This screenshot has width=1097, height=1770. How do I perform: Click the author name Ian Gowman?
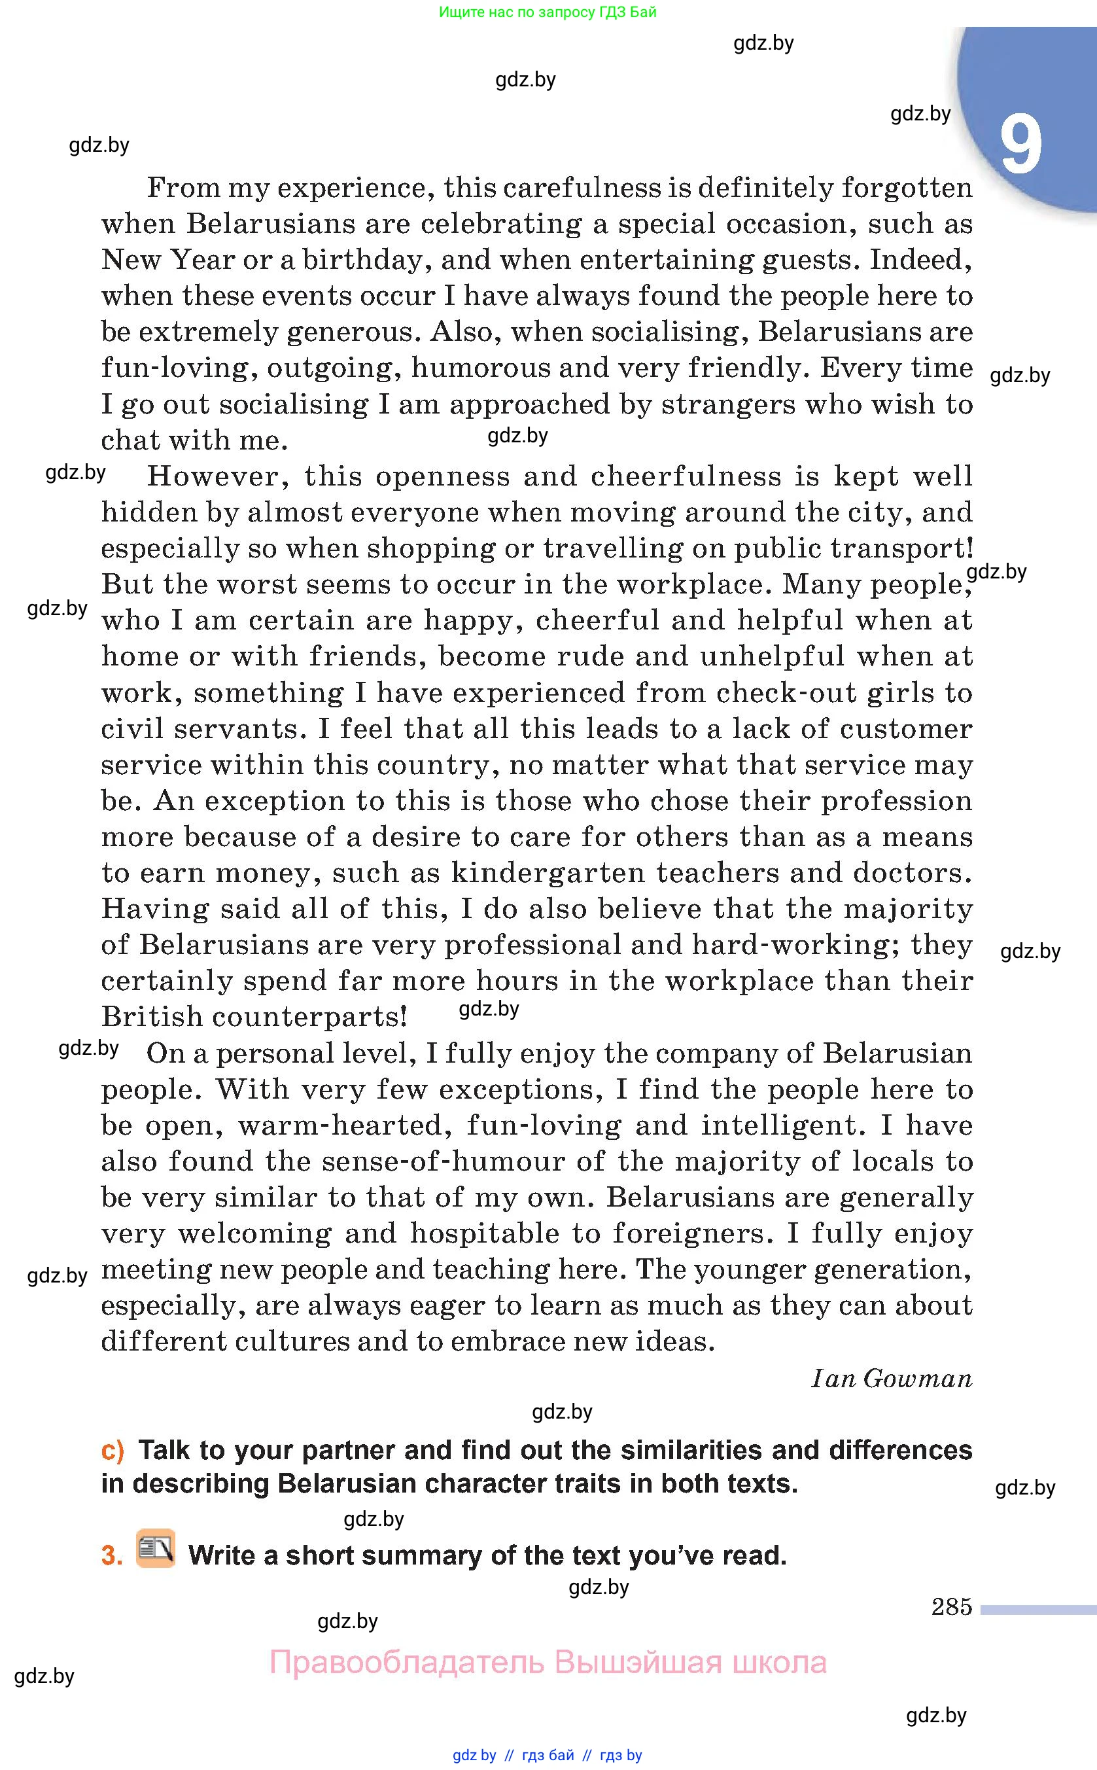coord(891,1378)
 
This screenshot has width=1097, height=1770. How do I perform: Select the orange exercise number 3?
coord(112,1555)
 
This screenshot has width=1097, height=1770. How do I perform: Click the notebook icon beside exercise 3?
coord(156,1548)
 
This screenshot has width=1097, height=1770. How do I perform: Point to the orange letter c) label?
coord(113,1450)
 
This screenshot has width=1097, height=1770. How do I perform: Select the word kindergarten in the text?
coord(548,873)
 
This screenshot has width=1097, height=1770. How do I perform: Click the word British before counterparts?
coord(152,1017)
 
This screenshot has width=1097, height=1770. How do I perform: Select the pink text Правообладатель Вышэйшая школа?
coord(548,1662)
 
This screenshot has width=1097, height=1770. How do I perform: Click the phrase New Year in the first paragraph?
coord(168,260)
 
